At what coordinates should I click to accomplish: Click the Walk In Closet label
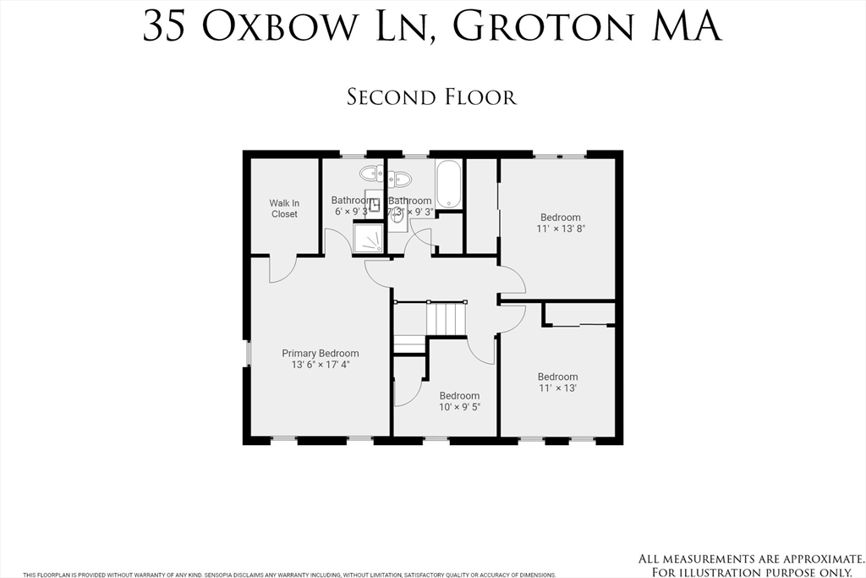pyautogui.click(x=284, y=208)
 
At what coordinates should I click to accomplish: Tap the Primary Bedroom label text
pyautogui.click(x=320, y=353)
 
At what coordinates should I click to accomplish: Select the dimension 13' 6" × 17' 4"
pyautogui.click(x=320, y=365)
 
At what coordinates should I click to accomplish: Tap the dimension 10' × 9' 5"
pyautogui.click(x=459, y=407)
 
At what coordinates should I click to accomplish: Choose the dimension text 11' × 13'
pyautogui.click(x=557, y=388)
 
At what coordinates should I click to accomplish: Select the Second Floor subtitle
pyautogui.click(x=431, y=96)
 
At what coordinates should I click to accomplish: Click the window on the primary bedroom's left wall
pyautogui.click(x=248, y=353)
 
